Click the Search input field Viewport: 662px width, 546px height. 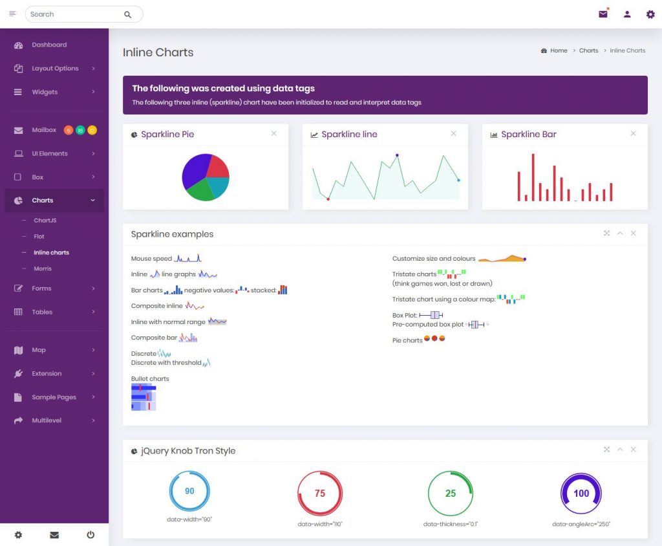[x=76, y=14]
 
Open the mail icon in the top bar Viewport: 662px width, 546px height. [x=603, y=14]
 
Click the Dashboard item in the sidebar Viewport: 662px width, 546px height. [x=49, y=45]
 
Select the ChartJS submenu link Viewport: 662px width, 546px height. [x=45, y=220]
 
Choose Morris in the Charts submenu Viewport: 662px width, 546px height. [x=43, y=268]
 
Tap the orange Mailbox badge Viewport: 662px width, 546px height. [x=69, y=130]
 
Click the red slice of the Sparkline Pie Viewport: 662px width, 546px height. [x=217, y=166]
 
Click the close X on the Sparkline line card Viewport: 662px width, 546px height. [x=453, y=133]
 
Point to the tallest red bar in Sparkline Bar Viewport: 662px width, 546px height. [x=533, y=177]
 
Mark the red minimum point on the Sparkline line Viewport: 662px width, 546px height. [x=328, y=199]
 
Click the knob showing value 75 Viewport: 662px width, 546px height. [x=320, y=493]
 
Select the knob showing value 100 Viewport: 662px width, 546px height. [x=581, y=493]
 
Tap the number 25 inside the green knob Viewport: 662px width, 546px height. [x=451, y=493]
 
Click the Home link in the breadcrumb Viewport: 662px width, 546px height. [x=559, y=50]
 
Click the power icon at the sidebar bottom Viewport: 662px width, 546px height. [x=91, y=534]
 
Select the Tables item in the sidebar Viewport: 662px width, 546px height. [x=42, y=312]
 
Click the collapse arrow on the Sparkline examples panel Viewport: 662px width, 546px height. [x=620, y=234]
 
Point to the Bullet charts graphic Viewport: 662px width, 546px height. [x=144, y=397]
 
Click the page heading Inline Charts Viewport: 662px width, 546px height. [x=158, y=52]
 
